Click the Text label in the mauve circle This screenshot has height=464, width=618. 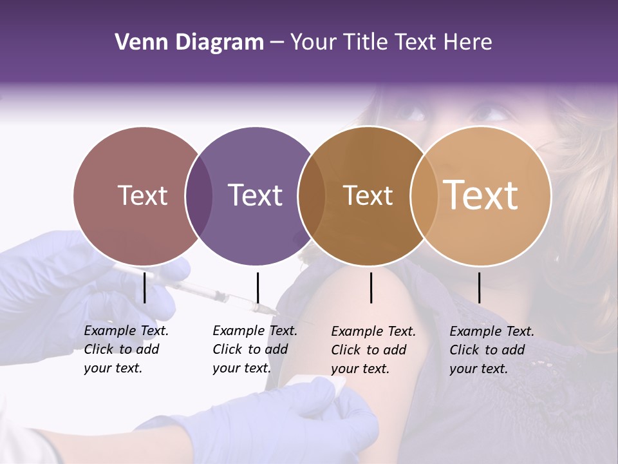142,195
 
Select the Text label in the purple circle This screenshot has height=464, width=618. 255,195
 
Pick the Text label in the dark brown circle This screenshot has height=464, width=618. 368,195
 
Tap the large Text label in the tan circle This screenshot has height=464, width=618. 481,195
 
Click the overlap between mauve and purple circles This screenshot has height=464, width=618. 199,195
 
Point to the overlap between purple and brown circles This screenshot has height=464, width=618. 312,195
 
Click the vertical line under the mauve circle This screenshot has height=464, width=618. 145,287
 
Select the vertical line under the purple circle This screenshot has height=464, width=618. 257,287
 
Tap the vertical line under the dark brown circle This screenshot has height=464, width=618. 371,287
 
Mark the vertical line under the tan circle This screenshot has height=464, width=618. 480,287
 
